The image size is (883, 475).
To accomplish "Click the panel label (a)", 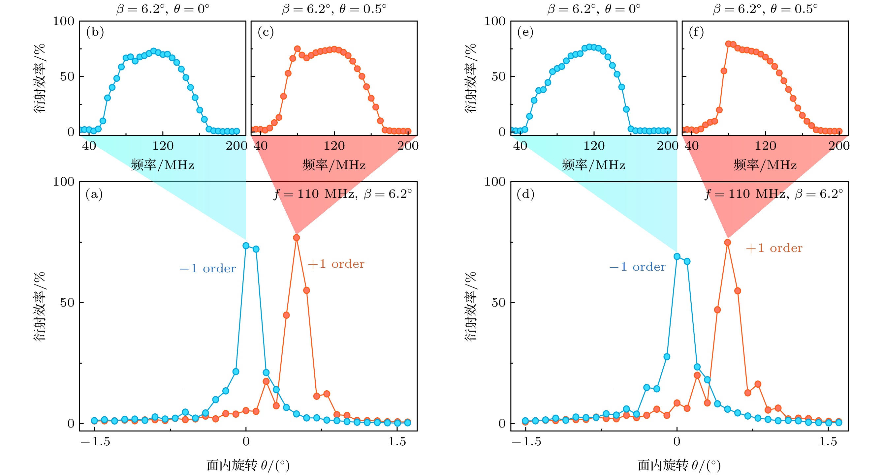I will pyautogui.click(x=94, y=194).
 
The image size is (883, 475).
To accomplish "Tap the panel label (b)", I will pyautogui.click(x=95, y=32).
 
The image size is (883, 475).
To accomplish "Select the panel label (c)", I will pyautogui.click(x=266, y=32).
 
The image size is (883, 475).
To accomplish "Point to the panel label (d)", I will pyautogui.click(x=525, y=194).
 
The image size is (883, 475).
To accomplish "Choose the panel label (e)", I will pyautogui.click(x=525, y=32).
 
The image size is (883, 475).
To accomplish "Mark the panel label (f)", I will pyautogui.click(x=696, y=32).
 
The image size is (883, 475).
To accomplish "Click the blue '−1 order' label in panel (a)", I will pyautogui.click(x=208, y=269).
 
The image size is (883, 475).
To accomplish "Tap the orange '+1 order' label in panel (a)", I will pyautogui.click(x=336, y=264).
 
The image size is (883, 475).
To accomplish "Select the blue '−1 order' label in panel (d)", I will pyautogui.click(x=637, y=267).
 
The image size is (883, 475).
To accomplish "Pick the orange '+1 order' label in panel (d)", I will pyautogui.click(x=774, y=248).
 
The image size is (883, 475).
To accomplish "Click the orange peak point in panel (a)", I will pyautogui.click(x=297, y=238).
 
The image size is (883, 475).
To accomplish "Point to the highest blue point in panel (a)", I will pyautogui.click(x=246, y=246).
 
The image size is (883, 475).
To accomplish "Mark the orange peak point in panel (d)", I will pyautogui.click(x=727, y=243).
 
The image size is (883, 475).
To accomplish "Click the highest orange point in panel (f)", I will pyautogui.click(x=728, y=44).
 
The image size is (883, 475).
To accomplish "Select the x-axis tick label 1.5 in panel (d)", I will pyautogui.click(x=828, y=442).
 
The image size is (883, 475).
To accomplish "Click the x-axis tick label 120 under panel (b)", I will pyautogui.click(x=163, y=146).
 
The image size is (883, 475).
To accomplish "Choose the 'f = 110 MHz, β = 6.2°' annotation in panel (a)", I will pyautogui.click(x=343, y=194).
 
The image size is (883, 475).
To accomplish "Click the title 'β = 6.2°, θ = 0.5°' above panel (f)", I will pyautogui.click(x=765, y=9).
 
